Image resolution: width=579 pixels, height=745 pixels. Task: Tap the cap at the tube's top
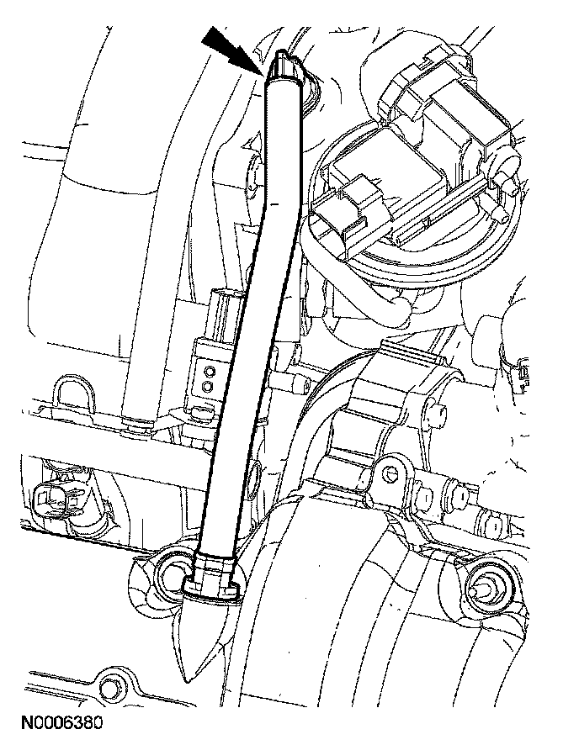click(284, 66)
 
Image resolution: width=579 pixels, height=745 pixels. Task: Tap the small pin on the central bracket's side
click(438, 410)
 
